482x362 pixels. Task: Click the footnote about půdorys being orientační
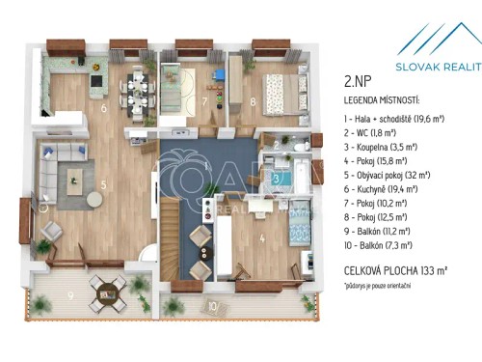pos(382,287)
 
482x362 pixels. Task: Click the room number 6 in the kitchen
pos(103,108)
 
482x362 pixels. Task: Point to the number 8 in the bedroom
pos(253,100)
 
